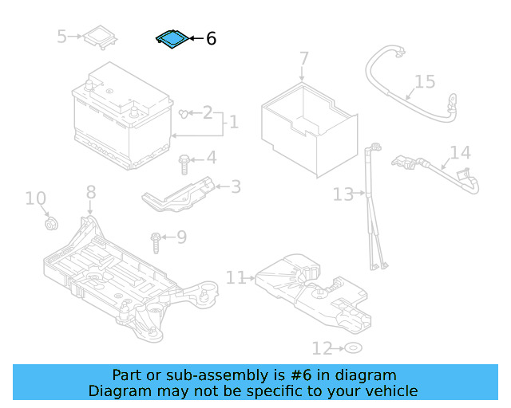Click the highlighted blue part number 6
tap(172, 39)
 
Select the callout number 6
tap(211, 38)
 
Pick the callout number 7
tap(303, 58)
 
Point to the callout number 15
tap(425, 81)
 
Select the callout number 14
tap(460, 152)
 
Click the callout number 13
tap(343, 194)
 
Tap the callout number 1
tap(232, 122)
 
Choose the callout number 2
tap(207, 112)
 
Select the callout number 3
tap(235, 186)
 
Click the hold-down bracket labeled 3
tap(180, 194)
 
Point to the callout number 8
tap(90, 191)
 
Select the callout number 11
tap(236, 277)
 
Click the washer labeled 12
tap(352, 348)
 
